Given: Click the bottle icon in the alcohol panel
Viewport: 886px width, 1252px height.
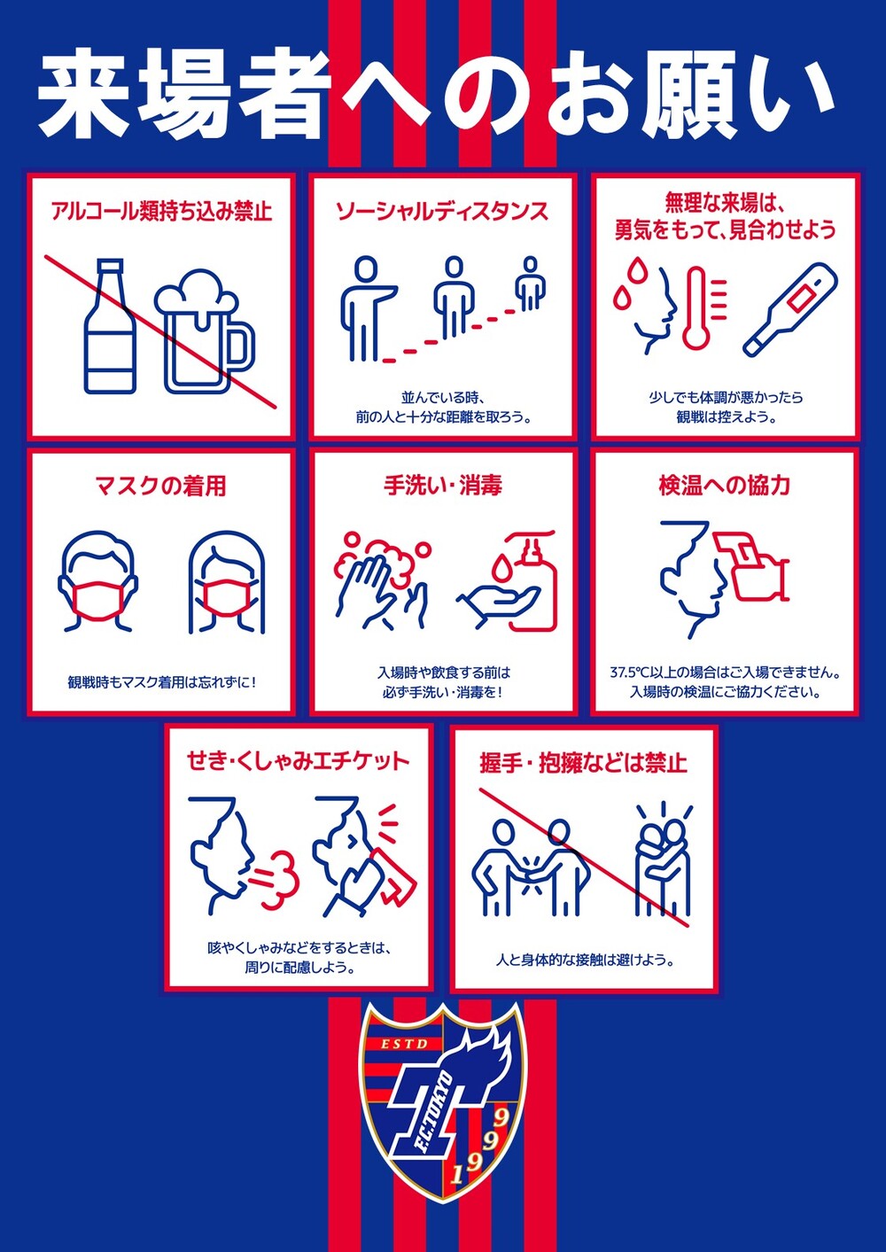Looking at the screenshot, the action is pos(111,325).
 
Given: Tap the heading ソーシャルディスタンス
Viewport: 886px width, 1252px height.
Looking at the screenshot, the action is pos(442,211).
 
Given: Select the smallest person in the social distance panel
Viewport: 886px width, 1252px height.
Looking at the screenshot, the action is pos(530,284).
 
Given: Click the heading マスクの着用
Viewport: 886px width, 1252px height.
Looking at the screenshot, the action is pos(161,486).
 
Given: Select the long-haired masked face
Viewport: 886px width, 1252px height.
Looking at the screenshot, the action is pos(227,582).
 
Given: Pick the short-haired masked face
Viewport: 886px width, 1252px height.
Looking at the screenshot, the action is pos(97,582).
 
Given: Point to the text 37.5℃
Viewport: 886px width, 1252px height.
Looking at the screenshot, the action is pos(629,672).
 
